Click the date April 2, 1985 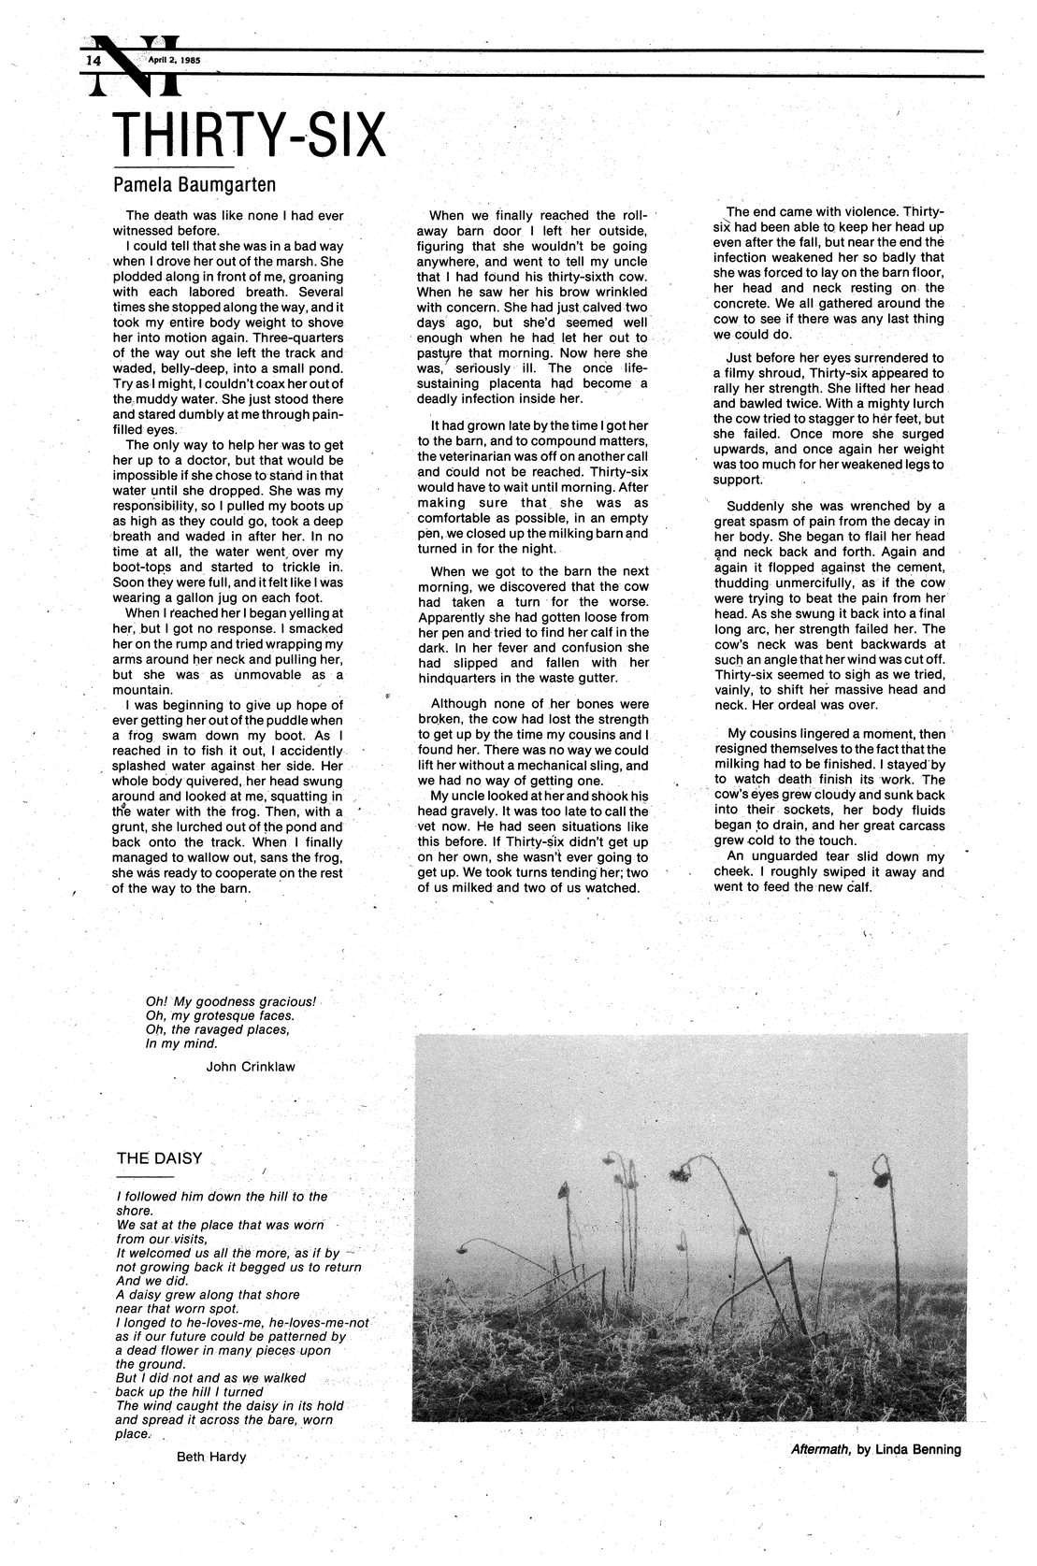pyautogui.click(x=174, y=59)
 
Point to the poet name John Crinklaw pyautogui.click(x=249, y=1065)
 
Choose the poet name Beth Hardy pyautogui.click(x=211, y=1456)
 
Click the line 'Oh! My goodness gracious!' pyautogui.click(x=232, y=1000)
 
